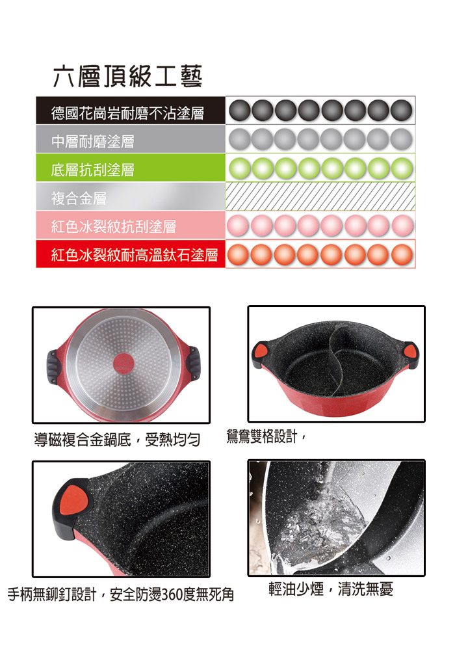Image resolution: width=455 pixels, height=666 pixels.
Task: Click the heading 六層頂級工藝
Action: point(127,77)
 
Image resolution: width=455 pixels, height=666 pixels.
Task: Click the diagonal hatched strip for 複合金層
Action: point(320,196)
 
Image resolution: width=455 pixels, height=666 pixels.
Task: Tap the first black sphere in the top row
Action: point(239,111)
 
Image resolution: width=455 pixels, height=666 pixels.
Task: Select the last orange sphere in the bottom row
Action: point(402,255)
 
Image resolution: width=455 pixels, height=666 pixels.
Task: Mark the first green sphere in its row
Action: point(239,168)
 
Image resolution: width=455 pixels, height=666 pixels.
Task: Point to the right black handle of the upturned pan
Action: point(194,364)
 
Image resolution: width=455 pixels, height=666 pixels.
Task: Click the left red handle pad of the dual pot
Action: point(261,351)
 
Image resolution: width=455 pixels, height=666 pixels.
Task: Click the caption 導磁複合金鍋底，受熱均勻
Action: point(117,440)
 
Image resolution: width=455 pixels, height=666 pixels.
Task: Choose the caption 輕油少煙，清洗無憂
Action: point(331,589)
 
